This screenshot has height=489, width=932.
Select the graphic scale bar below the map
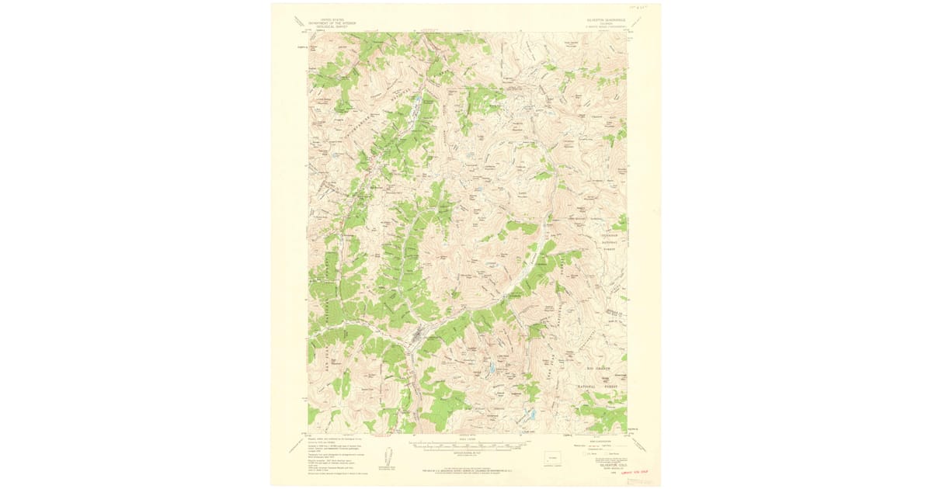click(x=466, y=447)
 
